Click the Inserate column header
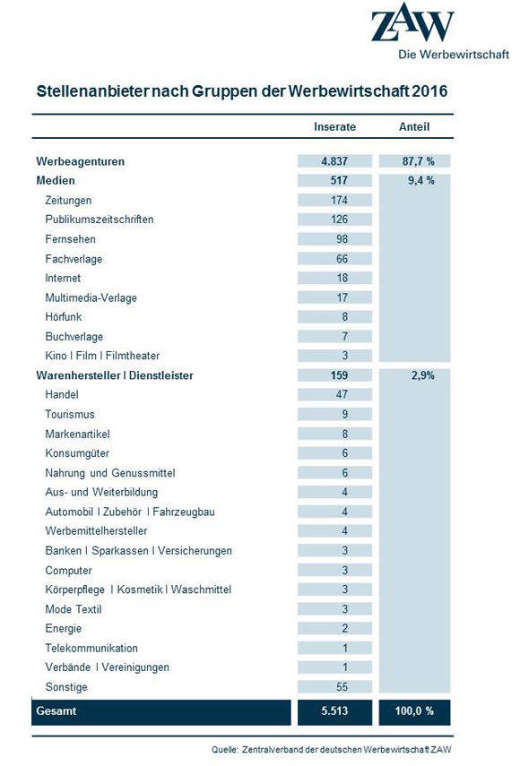[334, 127]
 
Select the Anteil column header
[414, 127]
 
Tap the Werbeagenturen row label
[80, 161]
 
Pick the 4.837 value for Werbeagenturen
[334, 161]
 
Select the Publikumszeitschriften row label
[100, 219]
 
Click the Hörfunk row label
[64, 317]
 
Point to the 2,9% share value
[422, 375]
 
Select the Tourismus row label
[70, 414]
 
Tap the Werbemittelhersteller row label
[96, 531]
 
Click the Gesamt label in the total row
[56, 710]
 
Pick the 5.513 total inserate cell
[334, 711]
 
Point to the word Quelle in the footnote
[225, 749]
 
